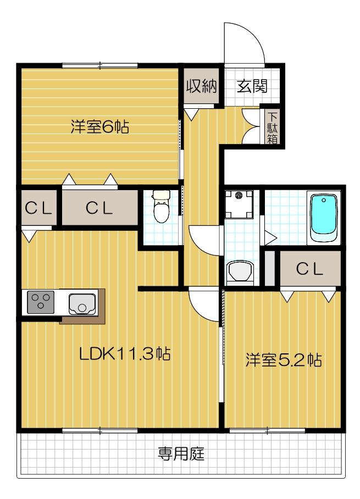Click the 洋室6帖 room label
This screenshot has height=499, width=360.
(x=99, y=127)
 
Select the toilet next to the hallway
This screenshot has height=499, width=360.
(x=161, y=207)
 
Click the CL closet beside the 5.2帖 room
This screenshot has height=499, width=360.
(x=309, y=269)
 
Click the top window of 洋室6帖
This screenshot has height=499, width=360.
(x=99, y=66)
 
